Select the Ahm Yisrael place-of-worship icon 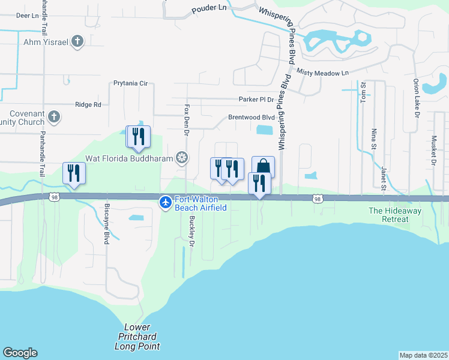click(x=77, y=41)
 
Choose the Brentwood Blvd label click(x=251, y=118)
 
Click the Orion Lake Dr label click(x=415, y=96)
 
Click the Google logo click(x=20, y=353)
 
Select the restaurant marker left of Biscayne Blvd click(x=74, y=173)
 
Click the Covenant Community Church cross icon click(x=53, y=116)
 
